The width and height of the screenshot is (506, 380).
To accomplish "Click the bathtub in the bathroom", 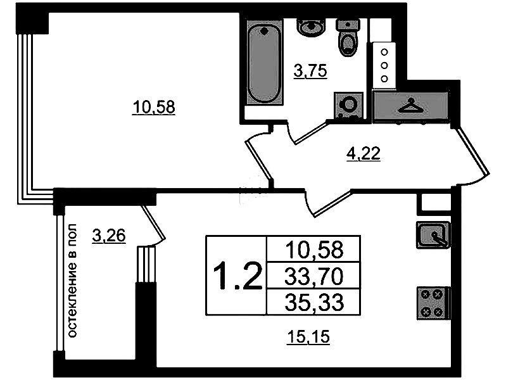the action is pyautogui.click(x=264, y=62).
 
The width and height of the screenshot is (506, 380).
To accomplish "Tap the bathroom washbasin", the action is pyautogui.click(x=311, y=27).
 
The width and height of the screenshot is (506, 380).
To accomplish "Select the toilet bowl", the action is pyautogui.click(x=348, y=37).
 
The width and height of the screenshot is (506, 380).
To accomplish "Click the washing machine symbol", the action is pyautogui.click(x=349, y=105).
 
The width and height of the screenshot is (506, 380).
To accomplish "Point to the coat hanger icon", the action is pyautogui.click(x=410, y=106).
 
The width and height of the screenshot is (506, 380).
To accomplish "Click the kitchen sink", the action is pyautogui.click(x=433, y=235).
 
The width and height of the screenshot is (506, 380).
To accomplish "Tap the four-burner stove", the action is pyautogui.click(x=433, y=303).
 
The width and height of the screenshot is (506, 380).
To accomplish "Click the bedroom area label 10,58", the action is pyautogui.click(x=154, y=107).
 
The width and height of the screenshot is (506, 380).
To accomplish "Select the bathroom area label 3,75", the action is pyautogui.click(x=310, y=71).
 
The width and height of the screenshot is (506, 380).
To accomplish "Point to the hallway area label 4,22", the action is pyautogui.click(x=364, y=154).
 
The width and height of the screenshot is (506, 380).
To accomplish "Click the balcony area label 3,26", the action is pyautogui.click(x=108, y=236).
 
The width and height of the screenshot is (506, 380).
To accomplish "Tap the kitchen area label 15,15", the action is pyautogui.click(x=308, y=337).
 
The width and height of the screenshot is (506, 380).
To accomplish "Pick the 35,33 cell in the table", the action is pyautogui.click(x=314, y=303).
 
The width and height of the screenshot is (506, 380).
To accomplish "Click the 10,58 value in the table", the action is pyautogui.click(x=314, y=250).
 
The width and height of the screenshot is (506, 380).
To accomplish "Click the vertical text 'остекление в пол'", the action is pyautogui.click(x=73, y=281).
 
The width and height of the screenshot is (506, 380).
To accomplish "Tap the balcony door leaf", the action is pyautogui.click(x=154, y=223).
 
